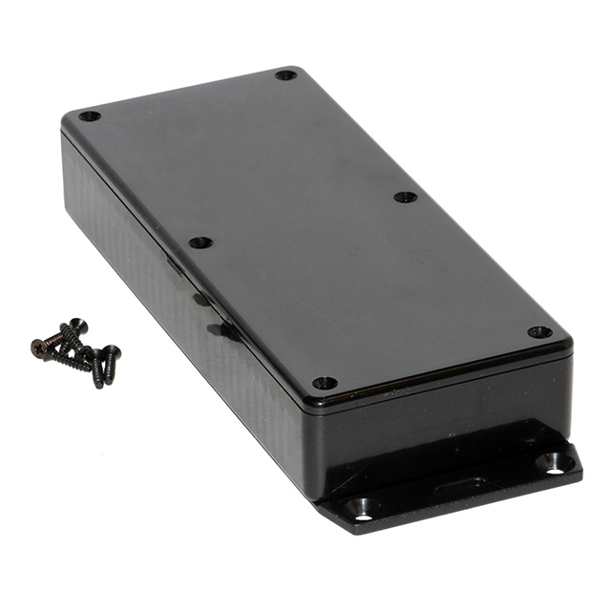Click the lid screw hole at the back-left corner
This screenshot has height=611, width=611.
(89, 116)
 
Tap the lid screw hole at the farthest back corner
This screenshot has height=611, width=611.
(285, 75)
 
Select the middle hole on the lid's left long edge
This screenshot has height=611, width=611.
(200, 242)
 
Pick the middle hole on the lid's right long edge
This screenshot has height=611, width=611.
(405, 198)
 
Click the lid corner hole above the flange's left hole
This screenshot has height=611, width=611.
(325, 382)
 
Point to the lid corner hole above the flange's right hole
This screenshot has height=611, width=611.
(539, 332)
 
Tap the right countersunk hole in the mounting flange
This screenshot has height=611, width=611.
(554, 462)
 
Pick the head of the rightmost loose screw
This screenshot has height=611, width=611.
(113, 351)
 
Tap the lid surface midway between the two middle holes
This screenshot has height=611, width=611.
(303, 221)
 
